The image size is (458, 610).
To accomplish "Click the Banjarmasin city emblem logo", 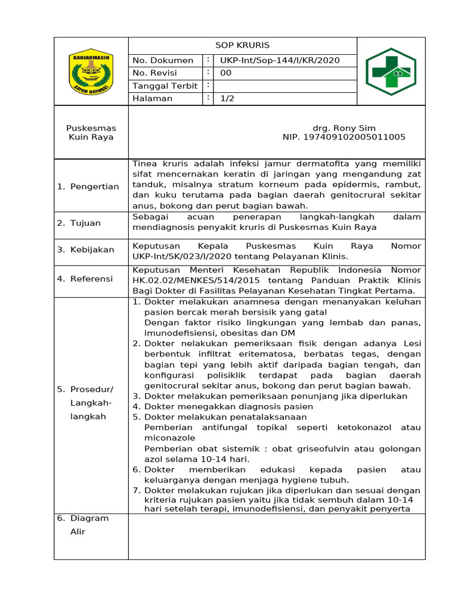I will [x=91, y=72].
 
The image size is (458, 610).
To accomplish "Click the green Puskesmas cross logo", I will [x=391, y=71].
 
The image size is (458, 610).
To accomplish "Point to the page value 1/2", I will [x=227, y=99].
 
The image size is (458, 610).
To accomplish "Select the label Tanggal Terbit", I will [x=165, y=86].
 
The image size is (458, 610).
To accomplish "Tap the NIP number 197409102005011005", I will [x=344, y=137].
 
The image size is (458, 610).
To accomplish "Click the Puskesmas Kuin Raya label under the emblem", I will [x=91, y=132].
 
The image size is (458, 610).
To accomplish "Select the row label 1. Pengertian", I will [x=88, y=186].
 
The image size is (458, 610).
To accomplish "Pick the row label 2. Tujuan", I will [x=79, y=223].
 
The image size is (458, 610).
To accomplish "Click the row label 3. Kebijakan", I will [x=86, y=250].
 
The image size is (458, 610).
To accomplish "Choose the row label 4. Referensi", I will [x=85, y=278].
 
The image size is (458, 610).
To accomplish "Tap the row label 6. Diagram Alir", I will [x=83, y=525].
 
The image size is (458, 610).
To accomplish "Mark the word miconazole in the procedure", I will [x=170, y=438].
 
